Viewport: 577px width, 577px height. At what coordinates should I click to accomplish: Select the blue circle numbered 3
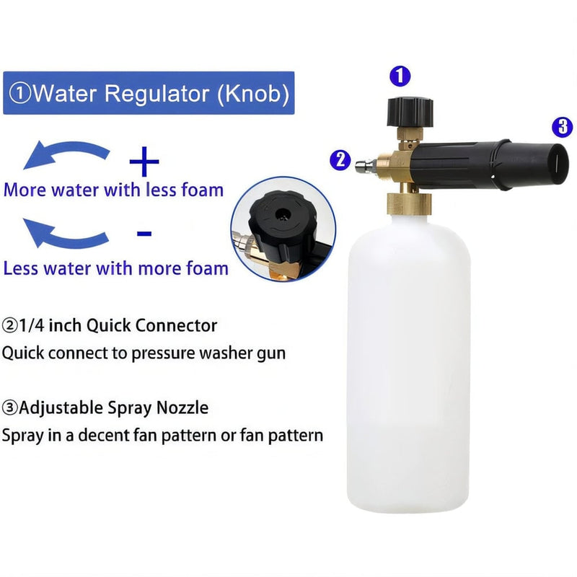point(562,127)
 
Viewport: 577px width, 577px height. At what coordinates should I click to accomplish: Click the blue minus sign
point(144,233)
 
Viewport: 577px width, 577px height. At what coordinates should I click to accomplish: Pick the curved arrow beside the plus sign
point(66,155)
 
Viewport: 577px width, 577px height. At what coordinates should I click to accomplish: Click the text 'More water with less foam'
point(113,190)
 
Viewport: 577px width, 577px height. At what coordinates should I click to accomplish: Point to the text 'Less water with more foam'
point(115,268)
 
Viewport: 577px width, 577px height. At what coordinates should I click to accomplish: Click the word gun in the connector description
point(271,353)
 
